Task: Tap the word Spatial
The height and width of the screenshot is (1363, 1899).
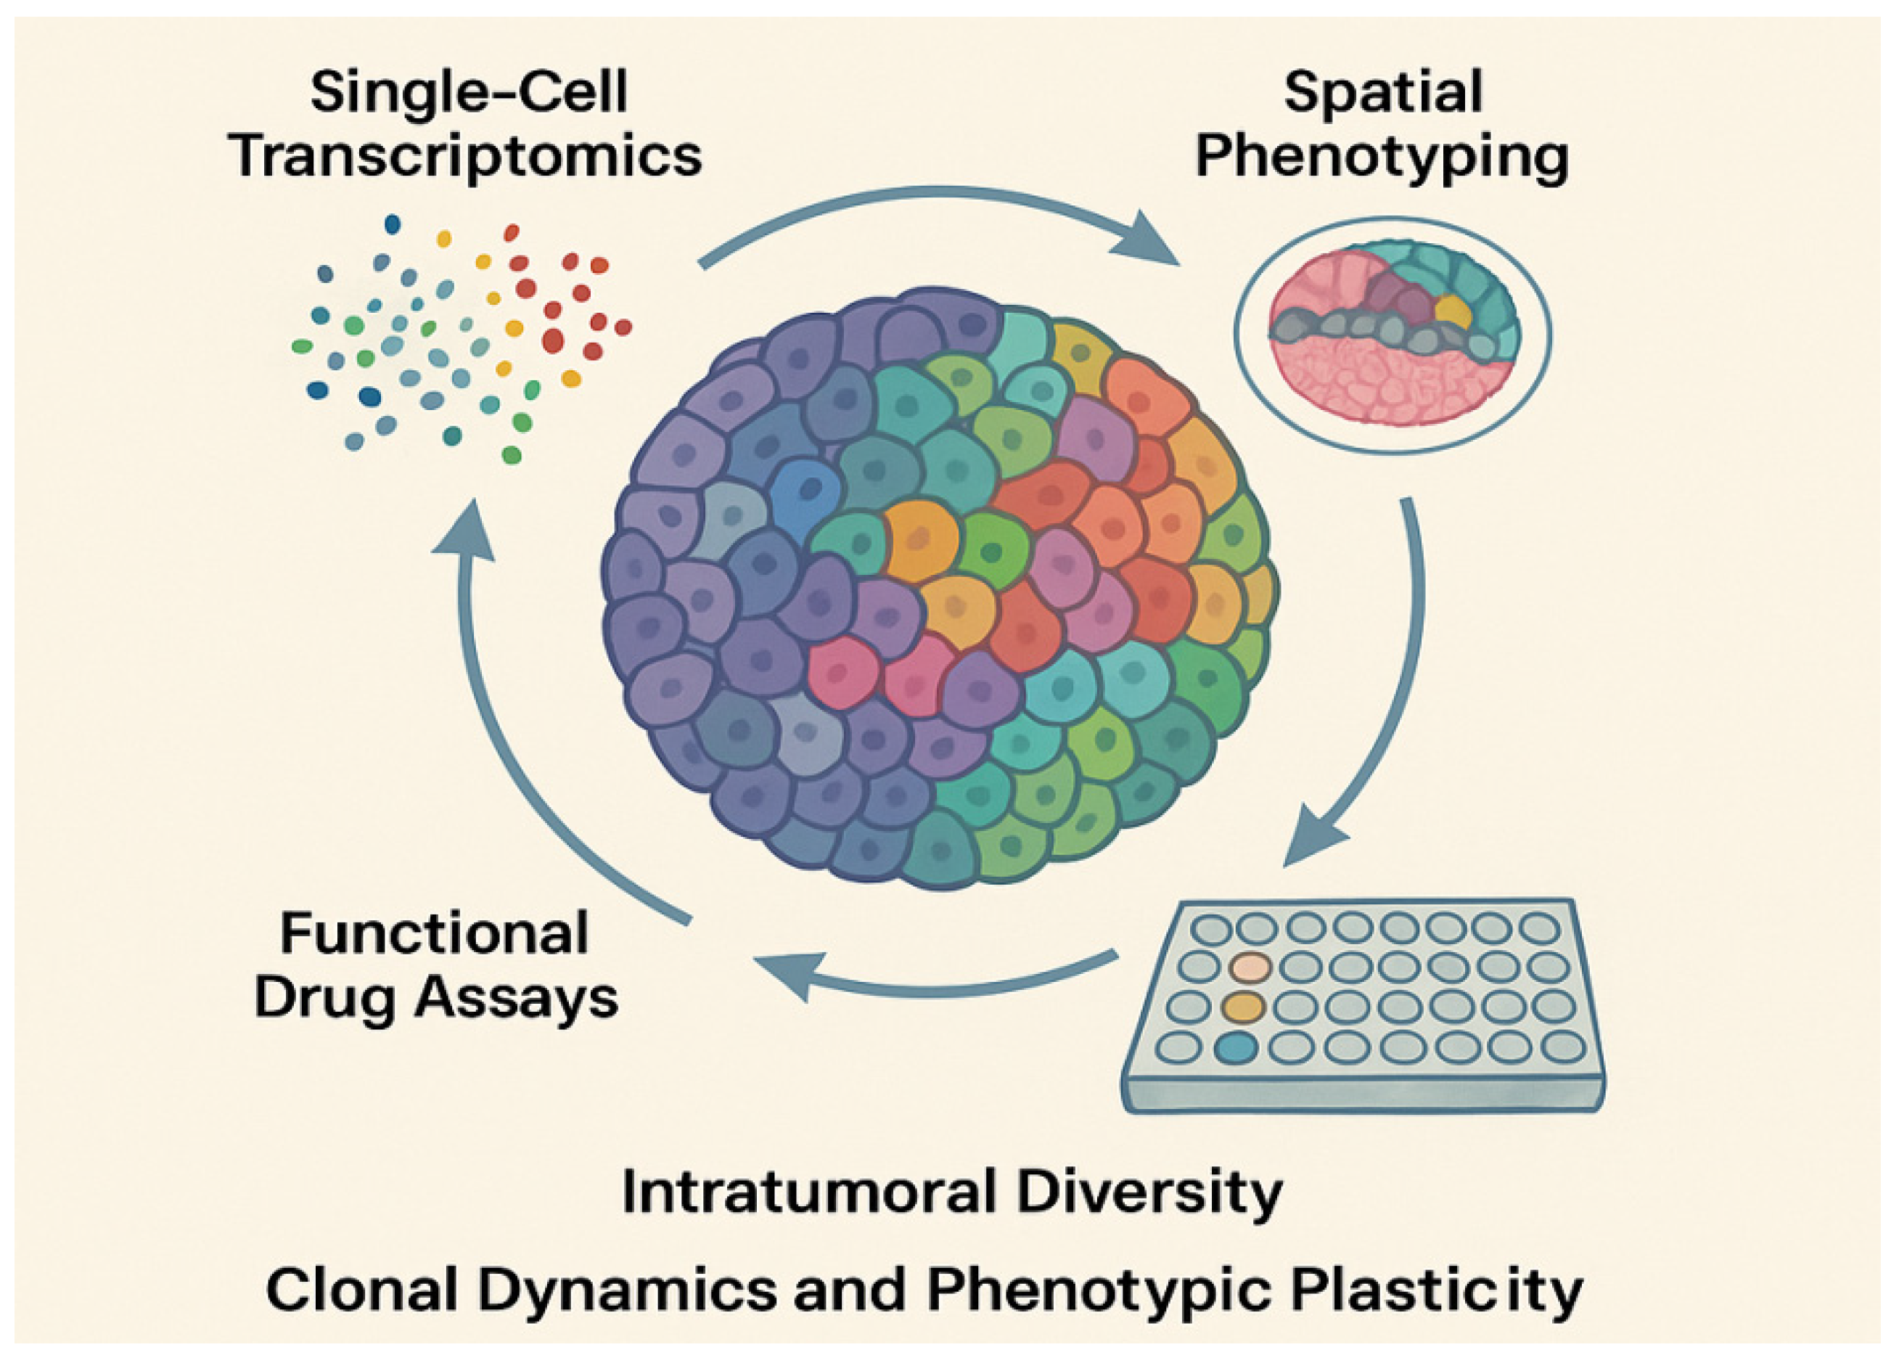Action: coord(1382,92)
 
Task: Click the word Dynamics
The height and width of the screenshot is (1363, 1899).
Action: coord(627,1292)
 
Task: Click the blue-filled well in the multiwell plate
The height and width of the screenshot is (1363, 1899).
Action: coord(1236,1047)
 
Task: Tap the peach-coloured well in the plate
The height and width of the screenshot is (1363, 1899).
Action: coord(1251,968)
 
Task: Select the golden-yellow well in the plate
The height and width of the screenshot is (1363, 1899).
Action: coord(1242,1007)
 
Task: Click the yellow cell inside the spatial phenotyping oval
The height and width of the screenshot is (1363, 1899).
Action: coord(1452,312)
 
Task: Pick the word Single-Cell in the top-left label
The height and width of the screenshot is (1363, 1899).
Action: coord(469,92)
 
